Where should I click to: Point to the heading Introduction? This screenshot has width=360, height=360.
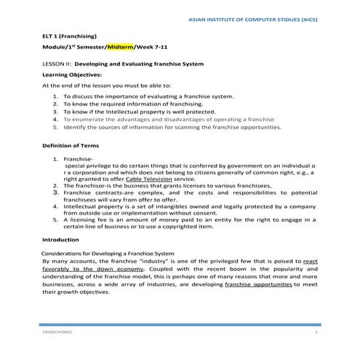(x=60, y=239)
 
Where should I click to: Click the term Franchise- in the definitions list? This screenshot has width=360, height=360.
(x=78, y=159)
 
